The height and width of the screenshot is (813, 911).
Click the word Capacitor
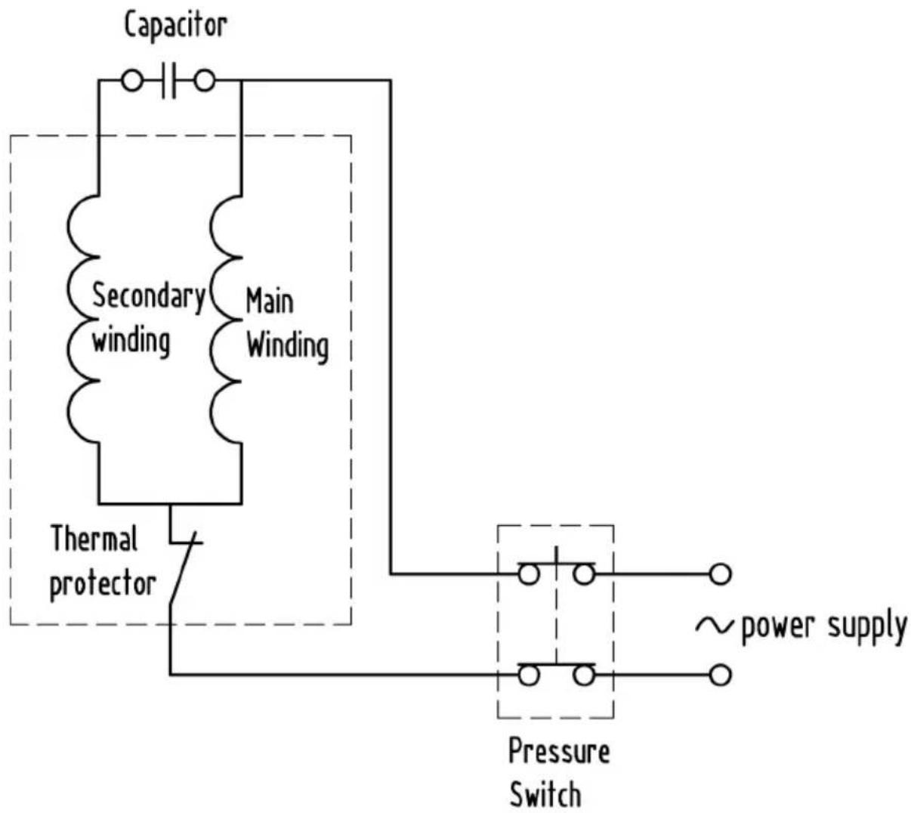175,26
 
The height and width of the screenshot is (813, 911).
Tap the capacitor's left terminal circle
131,81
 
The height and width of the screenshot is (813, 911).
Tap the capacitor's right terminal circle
205,81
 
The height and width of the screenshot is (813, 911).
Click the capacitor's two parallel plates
168,81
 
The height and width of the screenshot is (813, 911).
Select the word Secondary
149,297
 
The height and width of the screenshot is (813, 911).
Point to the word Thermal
94,539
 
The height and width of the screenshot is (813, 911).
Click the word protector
103,585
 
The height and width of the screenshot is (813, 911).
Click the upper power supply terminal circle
720,574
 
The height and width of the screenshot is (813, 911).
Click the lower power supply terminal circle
720,675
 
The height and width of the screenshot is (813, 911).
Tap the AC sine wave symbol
714,626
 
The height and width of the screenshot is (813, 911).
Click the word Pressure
559,750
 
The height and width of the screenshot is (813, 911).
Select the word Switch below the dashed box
545,794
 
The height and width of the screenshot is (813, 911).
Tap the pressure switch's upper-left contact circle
528,574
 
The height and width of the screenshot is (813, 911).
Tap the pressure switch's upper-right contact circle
584,574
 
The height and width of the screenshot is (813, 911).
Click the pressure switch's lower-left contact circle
528,675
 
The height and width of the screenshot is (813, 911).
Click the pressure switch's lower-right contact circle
584,675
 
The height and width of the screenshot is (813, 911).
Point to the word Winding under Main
287,347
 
